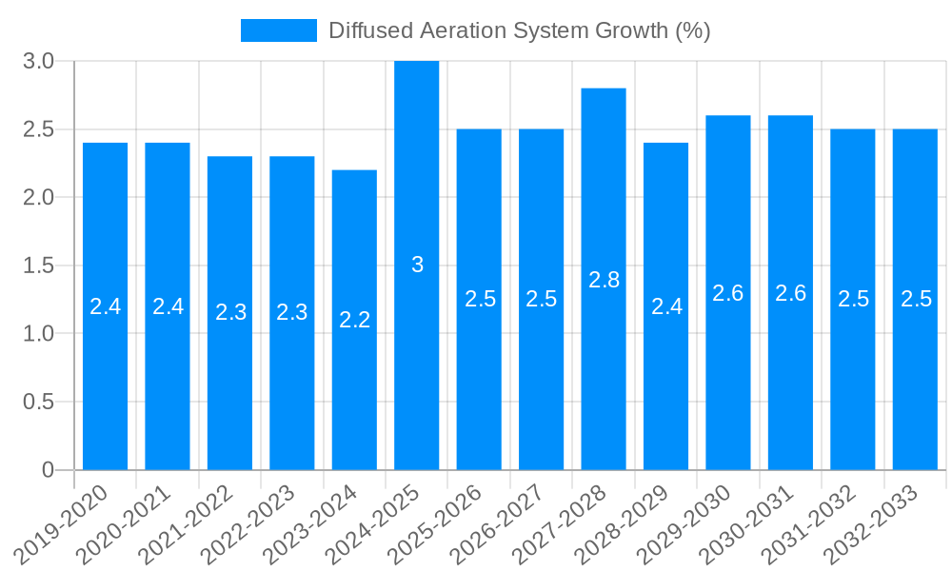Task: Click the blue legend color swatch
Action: coord(278,30)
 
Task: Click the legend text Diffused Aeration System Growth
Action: coord(519,30)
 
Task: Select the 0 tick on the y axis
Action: coord(48,470)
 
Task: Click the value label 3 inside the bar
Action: coord(417,266)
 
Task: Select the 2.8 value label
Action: coord(604,280)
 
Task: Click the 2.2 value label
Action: coord(354,321)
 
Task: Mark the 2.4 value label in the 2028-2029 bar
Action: coord(666,306)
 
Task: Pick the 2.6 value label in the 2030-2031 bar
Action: coord(790,293)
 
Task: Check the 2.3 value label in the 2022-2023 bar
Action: coord(292,312)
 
